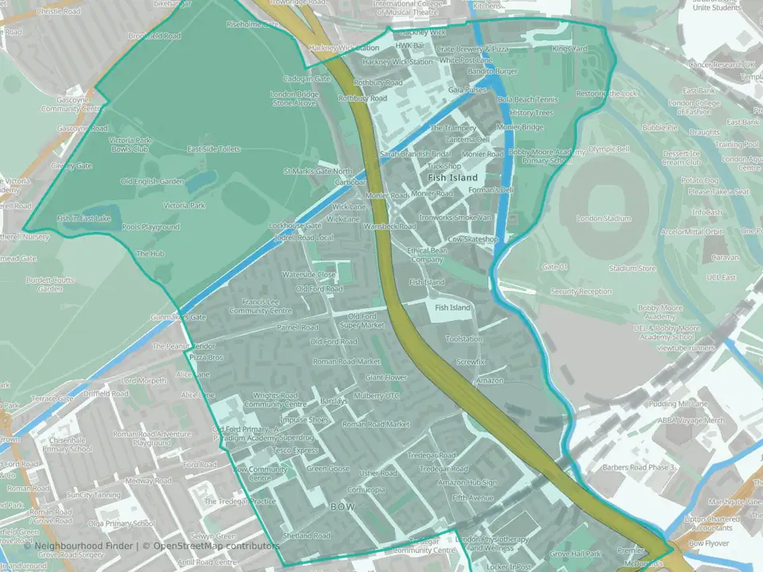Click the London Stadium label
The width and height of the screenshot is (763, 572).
(604, 218)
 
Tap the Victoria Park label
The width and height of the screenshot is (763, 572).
(184, 206)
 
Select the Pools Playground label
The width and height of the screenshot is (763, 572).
(151, 227)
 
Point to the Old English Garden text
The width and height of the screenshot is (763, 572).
(152, 181)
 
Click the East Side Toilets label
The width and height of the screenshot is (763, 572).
(213, 149)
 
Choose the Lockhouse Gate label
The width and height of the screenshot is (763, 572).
(295, 226)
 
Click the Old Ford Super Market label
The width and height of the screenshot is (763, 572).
(362, 321)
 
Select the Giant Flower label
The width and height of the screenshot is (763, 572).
(386, 377)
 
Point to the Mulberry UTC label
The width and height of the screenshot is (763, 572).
(378, 395)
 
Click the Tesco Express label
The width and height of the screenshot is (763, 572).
(296, 450)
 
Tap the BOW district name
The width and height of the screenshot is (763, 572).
(342, 506)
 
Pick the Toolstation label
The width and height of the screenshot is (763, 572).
(464, 339)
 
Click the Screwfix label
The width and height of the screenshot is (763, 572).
(471, 361)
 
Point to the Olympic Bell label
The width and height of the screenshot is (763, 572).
(609, 149)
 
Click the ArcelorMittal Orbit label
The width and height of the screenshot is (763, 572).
(691, 232)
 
